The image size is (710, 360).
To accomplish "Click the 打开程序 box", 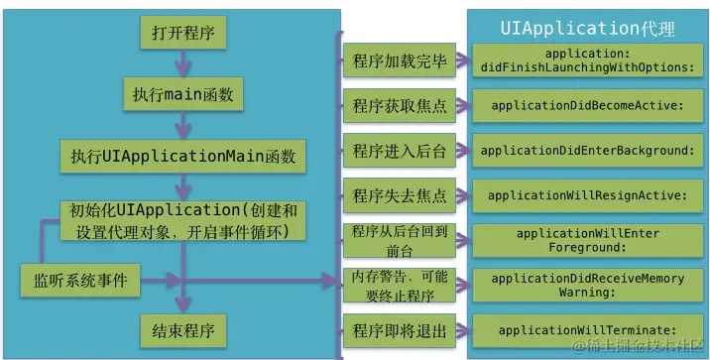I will click(181, 34).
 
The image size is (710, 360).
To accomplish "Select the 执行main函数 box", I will click(182, 94).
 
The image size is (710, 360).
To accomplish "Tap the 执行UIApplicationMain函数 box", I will click(182, 156).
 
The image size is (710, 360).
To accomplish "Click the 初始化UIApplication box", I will click(182, 221).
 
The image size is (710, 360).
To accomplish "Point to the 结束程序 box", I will click(182, 328).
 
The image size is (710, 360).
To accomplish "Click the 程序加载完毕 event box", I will click(399, 60).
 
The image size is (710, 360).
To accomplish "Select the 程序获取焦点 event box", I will click(399, 104).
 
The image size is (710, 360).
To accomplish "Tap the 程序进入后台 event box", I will click(399, 150).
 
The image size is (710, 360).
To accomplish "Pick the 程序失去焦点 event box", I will click(399, 195).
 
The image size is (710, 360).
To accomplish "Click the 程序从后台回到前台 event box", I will click(399, 239).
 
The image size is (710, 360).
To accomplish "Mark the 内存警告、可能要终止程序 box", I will click(399, 285).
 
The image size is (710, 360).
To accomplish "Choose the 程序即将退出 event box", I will click(399, 329).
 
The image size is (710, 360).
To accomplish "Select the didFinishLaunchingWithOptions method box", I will click(586, 60).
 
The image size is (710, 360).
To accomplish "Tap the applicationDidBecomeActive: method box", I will click(586, 105).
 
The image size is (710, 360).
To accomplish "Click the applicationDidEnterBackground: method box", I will click(586, 151).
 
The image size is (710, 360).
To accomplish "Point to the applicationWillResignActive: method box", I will click(586, 195).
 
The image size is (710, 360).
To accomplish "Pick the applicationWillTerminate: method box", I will click(586, 329).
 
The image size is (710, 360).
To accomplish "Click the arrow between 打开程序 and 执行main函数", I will click(182, 63).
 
